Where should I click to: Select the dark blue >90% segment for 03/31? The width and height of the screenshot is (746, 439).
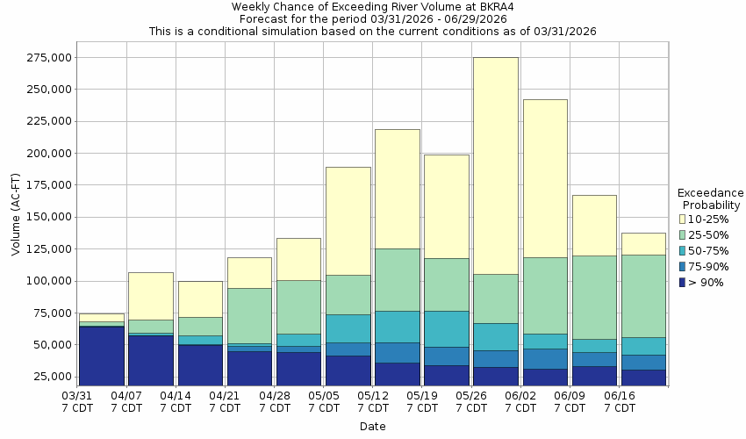click(x=101, y=356)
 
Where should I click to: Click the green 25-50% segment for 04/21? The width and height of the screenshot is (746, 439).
click(x=248, y=315)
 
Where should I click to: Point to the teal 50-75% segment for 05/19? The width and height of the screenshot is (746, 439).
click(x=446, y=328)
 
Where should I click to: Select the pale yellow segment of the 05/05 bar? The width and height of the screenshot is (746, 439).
click(x=348, y=220)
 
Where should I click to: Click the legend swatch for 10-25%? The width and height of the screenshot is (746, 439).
click(x=684, y=219)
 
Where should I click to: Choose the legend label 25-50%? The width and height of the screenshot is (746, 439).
click(x=709, y=234)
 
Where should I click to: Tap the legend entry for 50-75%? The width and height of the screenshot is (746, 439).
click(x=709, y=250)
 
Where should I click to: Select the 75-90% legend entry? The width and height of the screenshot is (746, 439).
click(x=709, y=266)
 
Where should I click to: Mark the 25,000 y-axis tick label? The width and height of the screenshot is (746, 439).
click(x=50, y=377)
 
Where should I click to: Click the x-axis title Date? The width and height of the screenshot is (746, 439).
click(x=372, y=427)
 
